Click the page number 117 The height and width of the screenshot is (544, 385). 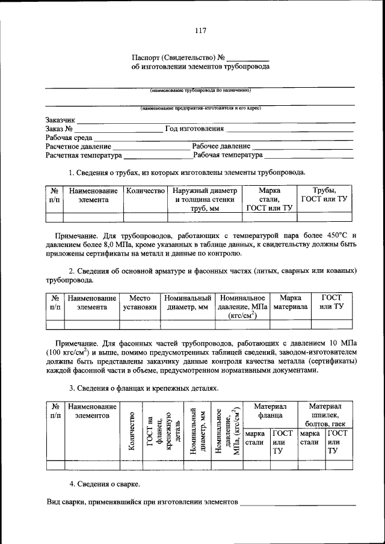coord(200,31)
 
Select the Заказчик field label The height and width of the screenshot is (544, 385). coord(60,120)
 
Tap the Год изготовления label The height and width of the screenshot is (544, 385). coord(194,129)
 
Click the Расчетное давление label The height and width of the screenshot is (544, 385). coord(78,146)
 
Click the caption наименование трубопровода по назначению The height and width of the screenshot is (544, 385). coord(200,91)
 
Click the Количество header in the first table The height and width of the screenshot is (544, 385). coord(145,191)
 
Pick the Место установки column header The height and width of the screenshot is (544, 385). coord(140,302)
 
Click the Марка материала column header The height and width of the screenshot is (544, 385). coord(291,302)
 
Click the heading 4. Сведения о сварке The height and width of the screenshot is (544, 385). coord(105,483)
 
